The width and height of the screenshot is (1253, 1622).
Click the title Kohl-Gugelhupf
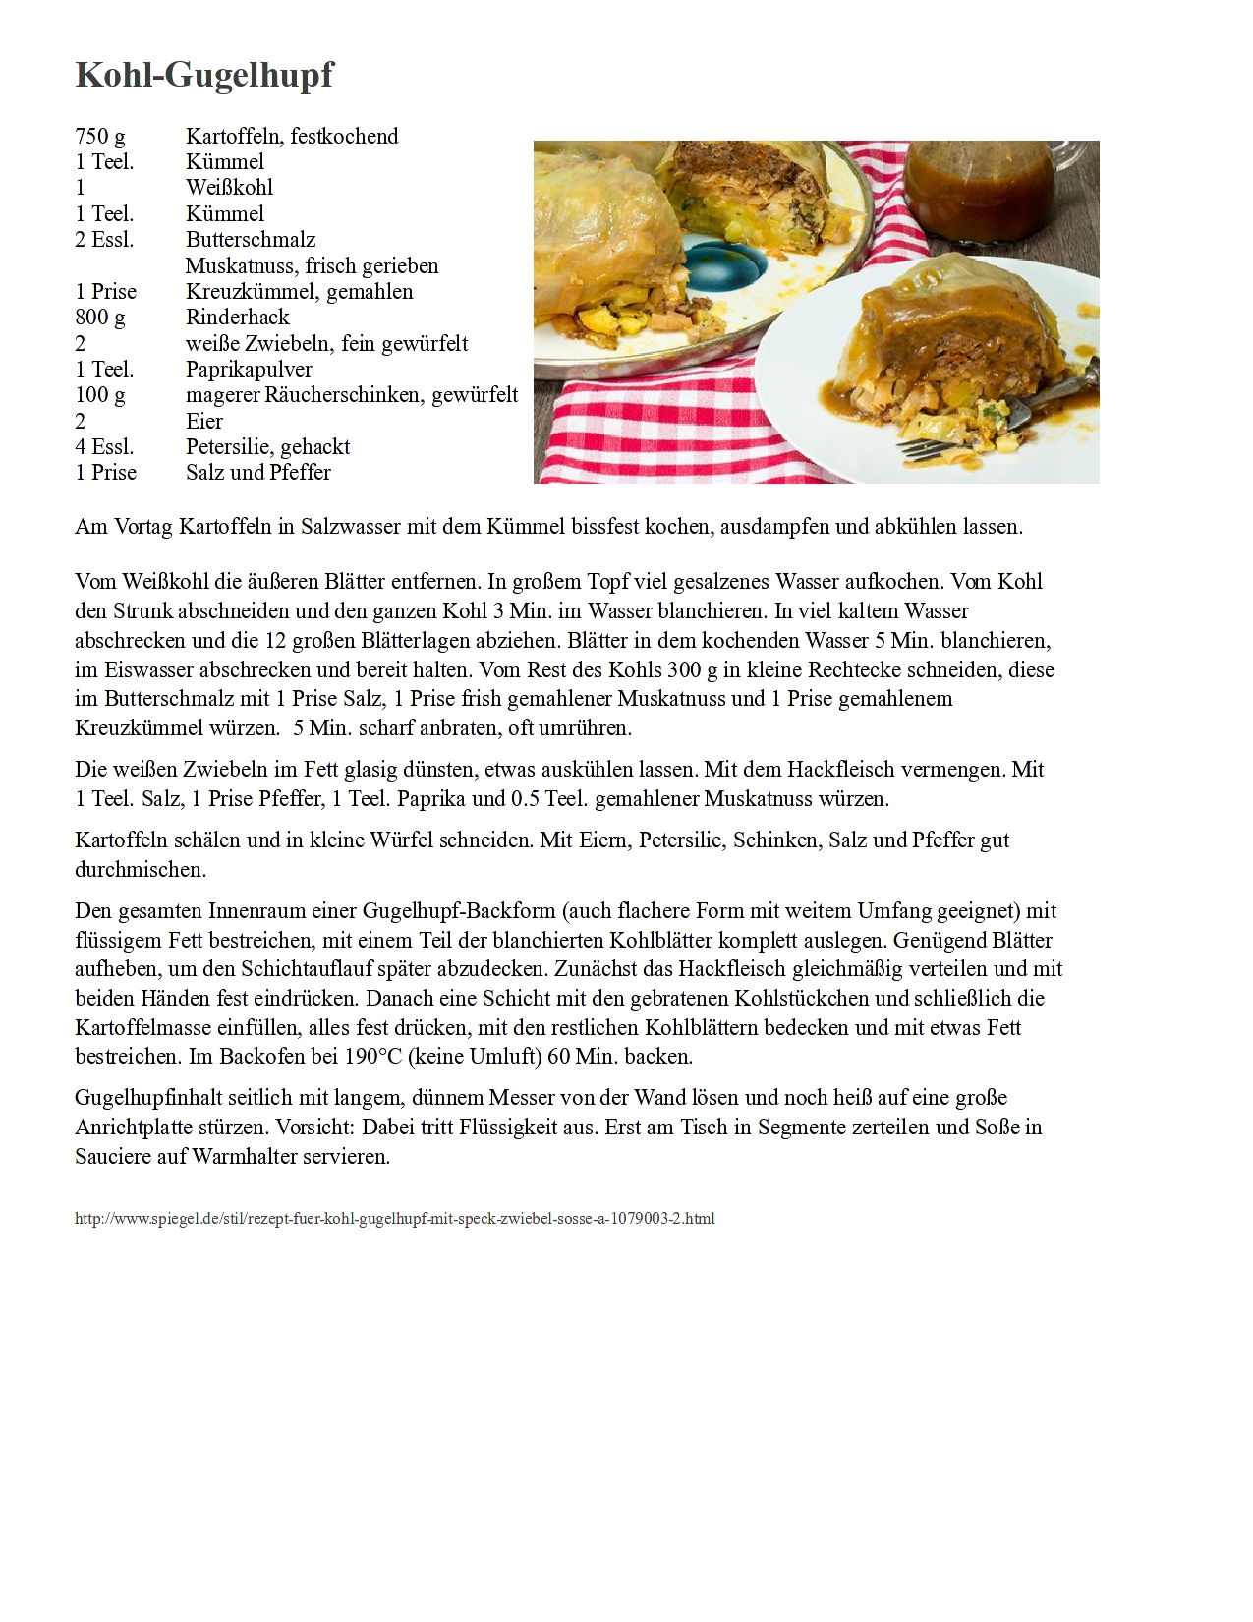click(204, 75)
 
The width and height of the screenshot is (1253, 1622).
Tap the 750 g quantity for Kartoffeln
click(100, 136)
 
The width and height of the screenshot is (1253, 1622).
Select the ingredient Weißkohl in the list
click(229, 188)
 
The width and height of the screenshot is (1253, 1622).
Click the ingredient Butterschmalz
click(251, 240)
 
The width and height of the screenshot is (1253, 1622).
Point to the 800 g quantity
click(100, 318)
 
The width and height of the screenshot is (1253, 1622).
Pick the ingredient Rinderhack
click(238, 318)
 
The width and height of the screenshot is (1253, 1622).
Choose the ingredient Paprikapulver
click(249, 370)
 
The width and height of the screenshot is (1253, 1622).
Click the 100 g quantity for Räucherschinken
click(100, 395)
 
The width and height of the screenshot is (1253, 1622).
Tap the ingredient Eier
click(204, 422)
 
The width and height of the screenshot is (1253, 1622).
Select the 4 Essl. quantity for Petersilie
click(104, 447)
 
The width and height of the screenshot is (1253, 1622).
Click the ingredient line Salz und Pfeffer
click(258, 473)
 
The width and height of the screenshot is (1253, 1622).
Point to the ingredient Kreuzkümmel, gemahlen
click(300, 292)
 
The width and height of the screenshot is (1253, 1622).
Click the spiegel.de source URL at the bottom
click(395, 1219)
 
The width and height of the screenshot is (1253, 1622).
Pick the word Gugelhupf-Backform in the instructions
click(459, 911)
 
